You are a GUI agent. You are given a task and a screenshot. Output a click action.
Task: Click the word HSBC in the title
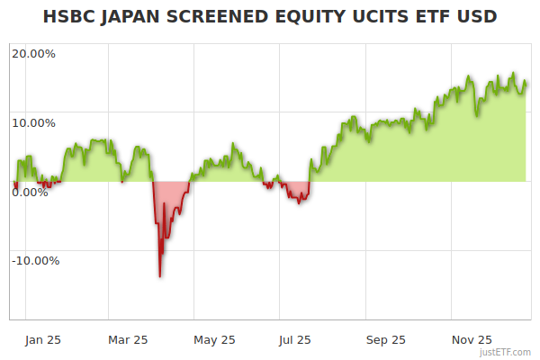click(69, 17)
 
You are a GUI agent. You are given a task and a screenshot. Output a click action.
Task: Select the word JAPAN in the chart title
click(132, 17)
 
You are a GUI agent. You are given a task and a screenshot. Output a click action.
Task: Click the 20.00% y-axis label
click(33, 53)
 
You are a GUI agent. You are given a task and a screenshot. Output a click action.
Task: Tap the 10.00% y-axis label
click(33, 122)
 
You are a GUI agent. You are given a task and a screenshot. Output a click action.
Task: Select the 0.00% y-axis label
click(30, 192)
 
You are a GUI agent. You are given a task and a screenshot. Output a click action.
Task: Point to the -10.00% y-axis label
click(35, 261)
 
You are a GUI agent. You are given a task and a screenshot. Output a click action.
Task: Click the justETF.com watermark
click(506, 353)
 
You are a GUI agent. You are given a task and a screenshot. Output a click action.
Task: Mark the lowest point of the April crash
click(160, 276)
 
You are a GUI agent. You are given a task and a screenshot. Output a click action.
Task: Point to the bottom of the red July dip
click(299, 202)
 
